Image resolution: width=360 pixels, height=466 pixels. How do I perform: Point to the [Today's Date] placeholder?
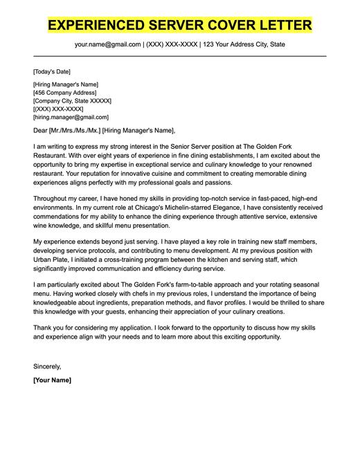point(51,71)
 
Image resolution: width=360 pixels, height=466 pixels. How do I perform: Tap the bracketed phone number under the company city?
point(58,109)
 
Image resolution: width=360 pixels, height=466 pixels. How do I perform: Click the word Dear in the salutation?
point(40,130)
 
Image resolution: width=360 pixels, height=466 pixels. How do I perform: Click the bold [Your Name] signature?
point(52,380)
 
